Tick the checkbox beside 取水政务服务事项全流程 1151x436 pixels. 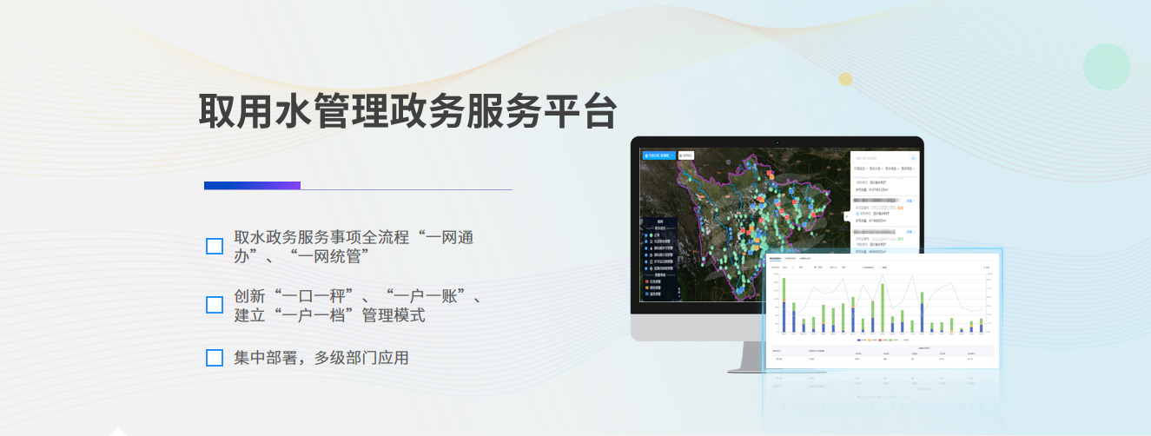215,246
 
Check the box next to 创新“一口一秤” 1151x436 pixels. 215,305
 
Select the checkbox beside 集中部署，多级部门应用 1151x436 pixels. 215,358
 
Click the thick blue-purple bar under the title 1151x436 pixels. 252,185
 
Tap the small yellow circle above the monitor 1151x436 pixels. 845,80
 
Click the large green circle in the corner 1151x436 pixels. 1106,66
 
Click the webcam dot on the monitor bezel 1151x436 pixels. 777,142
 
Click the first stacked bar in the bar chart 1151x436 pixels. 784,306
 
